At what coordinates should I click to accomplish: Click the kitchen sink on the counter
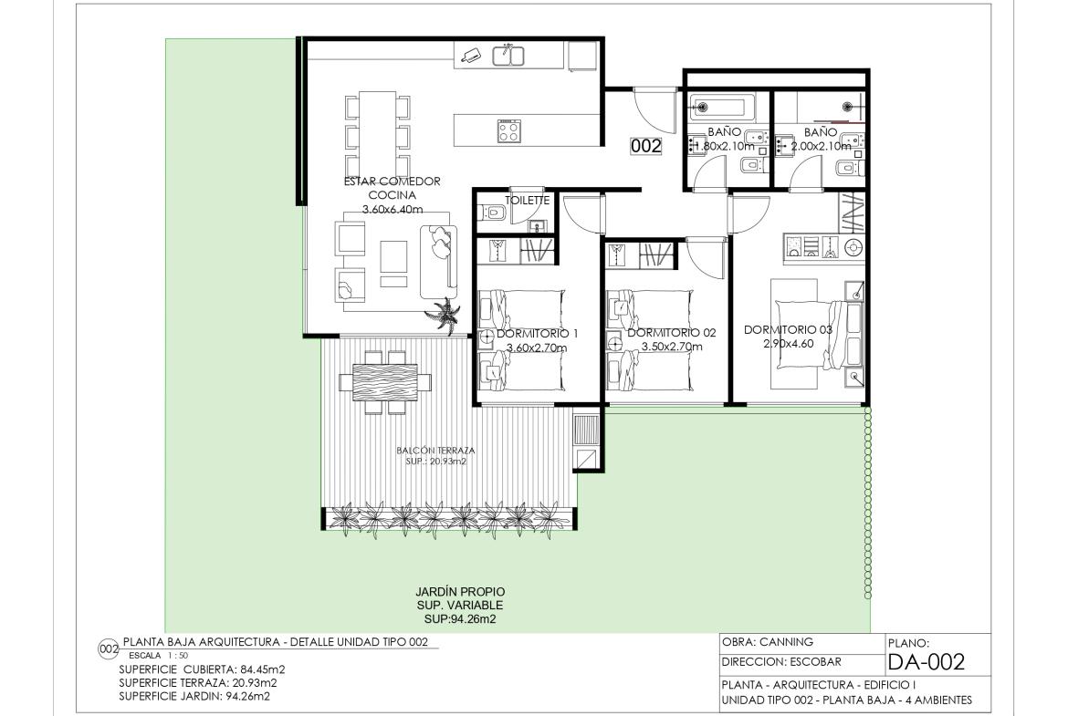click(x=508, y=56)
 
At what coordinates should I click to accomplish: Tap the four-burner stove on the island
click(x=508, y=130)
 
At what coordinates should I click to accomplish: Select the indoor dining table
click(x=377, y=134)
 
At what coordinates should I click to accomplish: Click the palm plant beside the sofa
click(x=443, y=314)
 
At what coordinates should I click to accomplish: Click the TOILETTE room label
click(x=528, y=201)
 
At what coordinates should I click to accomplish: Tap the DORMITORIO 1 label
click(x=537, y=334)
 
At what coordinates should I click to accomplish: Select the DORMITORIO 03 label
click(x=788, y=329)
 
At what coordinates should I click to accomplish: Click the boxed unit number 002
click(x=645, y=146)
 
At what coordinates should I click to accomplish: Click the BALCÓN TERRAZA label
click(x=436, y=450)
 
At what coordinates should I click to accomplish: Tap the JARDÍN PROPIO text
click(x=460, y=592)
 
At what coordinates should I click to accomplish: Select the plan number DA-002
click(x=927, y=661)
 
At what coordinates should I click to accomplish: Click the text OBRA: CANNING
click(x=768, y=642)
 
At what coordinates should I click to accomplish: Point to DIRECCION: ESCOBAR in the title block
click(x=781, y=661)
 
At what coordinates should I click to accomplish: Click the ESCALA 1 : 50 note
click(x=158, y=656)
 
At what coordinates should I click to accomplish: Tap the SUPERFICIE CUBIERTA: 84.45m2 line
click(x=202, y=669)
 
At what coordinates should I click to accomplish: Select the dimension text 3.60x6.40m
click(x=393, y=210)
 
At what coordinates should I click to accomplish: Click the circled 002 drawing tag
click(x=109, y=649)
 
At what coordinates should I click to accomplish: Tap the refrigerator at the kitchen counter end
click(x=583, y=55)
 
